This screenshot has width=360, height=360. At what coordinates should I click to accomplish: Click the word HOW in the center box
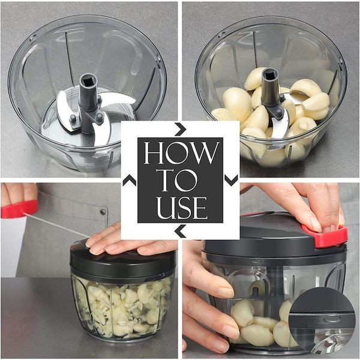(180, 154)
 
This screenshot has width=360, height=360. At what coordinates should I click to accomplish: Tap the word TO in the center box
(180, 181)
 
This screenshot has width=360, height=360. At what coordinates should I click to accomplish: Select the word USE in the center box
(180, 207)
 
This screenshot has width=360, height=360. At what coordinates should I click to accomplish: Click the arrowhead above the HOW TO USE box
(180, 129)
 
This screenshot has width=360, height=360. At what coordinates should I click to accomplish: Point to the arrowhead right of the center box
(231, 180)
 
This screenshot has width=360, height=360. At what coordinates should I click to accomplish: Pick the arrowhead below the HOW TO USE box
(180, 231)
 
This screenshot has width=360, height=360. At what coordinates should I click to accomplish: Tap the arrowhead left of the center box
(129, 180)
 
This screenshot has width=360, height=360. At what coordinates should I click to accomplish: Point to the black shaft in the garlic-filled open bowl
(271, 90)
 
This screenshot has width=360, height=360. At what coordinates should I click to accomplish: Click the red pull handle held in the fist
(19, 209)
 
